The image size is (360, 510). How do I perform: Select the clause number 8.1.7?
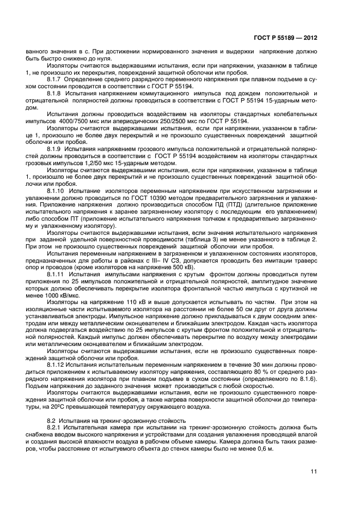(56, 80)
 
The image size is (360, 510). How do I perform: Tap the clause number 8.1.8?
(56, 94)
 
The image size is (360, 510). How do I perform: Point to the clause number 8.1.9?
(56, 148)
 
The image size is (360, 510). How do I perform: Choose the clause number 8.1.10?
(58, 191)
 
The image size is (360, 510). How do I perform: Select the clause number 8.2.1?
(56, 428)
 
